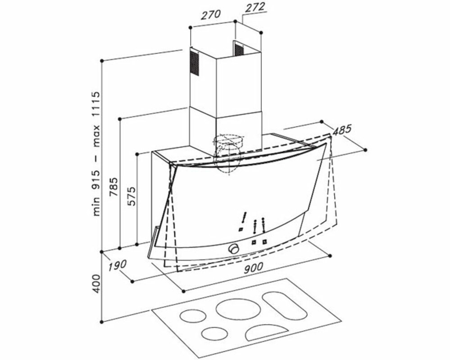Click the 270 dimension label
(x=210, y=14)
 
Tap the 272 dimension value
(x=255, y=7)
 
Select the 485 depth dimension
(x=342, y=130)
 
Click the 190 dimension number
(x=117, y=265)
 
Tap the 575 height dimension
(x=131, y=196)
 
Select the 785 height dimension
(x=114, y=187)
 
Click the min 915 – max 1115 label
(x=96, y=153)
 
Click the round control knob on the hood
(x=234, y=248)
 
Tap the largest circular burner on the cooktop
(x=238, y=310)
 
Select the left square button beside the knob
(x=254, y=242)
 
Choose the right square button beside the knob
(x=264, y=242)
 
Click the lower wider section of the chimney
(x=226, y=129)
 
